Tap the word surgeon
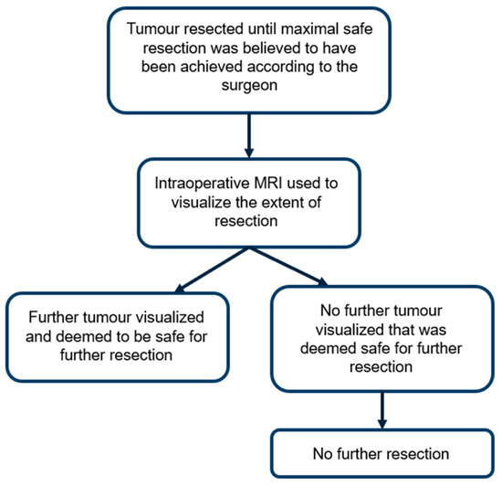point(249,86)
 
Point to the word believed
point(271,48)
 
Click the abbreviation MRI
point(268,184)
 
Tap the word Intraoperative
point(202,185)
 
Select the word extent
point(281,203)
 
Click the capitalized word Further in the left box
point(54,317)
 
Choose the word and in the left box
point(38,336)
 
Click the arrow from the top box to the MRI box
point(249,135)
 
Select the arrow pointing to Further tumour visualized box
point(212,270)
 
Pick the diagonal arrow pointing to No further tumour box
point(288,267)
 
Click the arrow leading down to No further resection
point(382,410)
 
